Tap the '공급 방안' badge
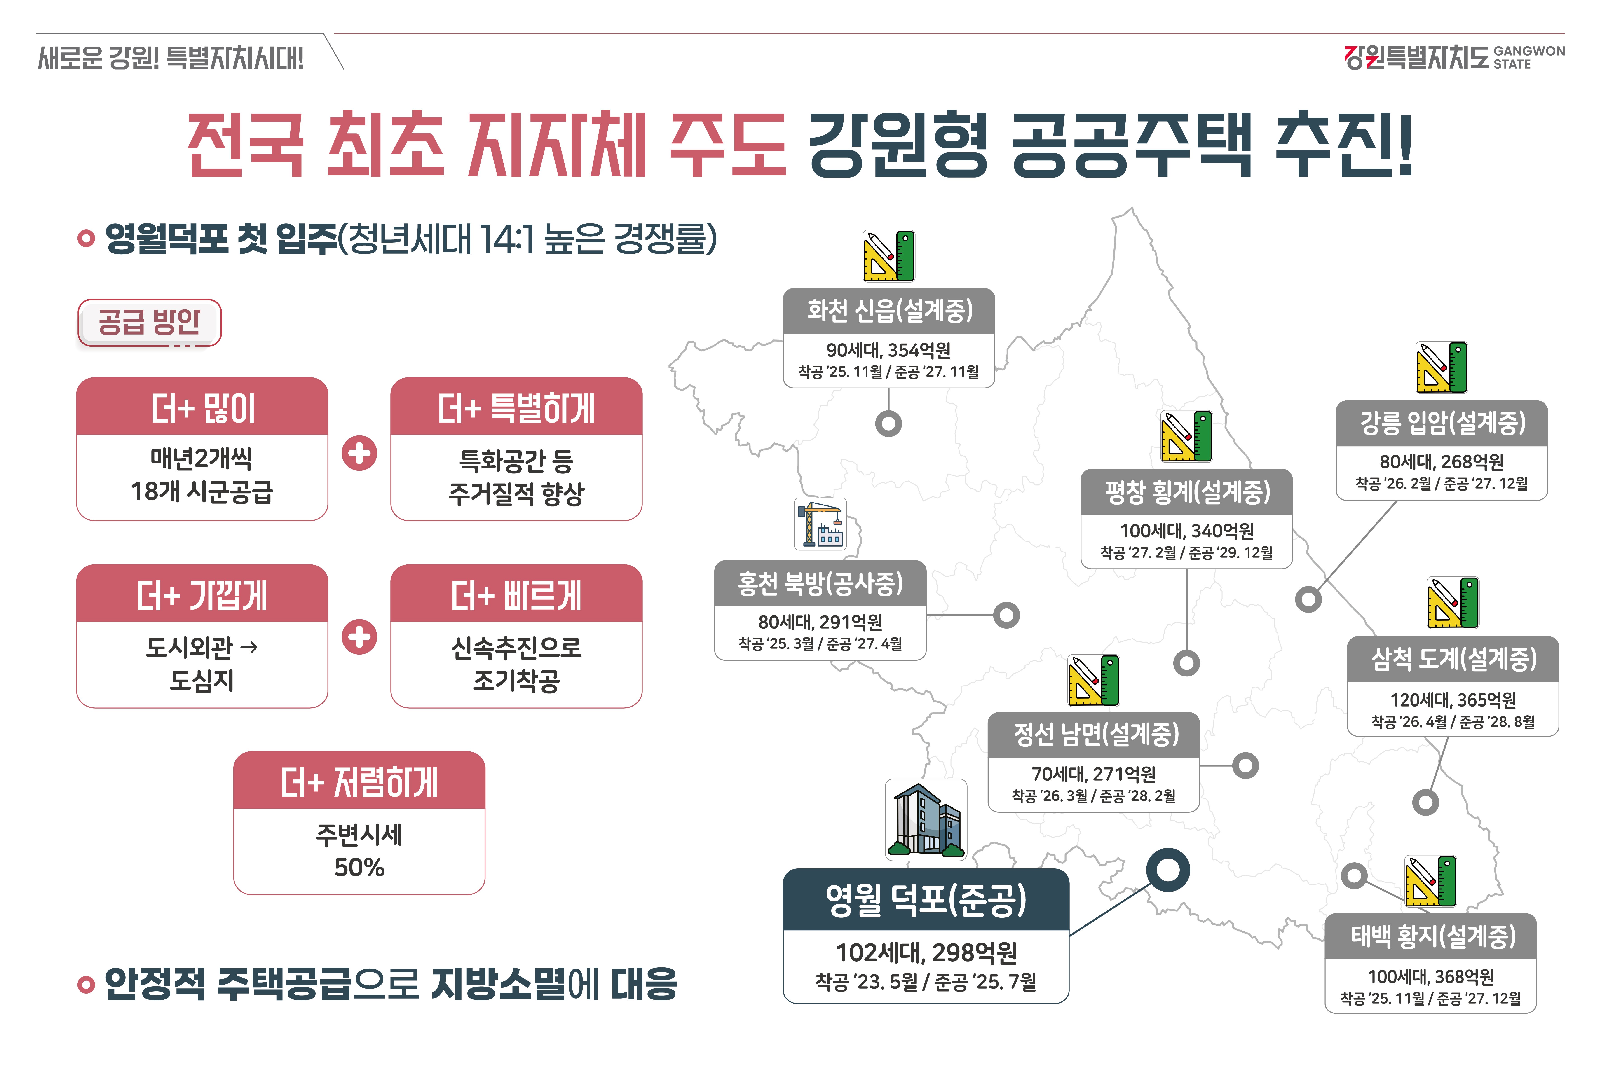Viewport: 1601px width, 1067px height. pyautogui.click(x=149, y=322)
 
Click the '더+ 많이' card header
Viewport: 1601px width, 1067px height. pyautogui.click(x=202, y=408)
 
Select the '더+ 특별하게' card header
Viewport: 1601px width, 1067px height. pyautogui.click(x=516, y=408)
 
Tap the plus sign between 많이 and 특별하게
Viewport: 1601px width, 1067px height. pyautogui.click(x=359, y=453)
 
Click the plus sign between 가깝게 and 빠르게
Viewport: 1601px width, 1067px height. pyautogui.click(x=359, y=637)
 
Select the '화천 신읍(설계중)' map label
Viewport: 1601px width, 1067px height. pyautogui.click(x=889, y=311)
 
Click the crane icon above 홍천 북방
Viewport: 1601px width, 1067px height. pyautogui.click(x=820, y=524)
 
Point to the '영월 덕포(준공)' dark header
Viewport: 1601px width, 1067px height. pyautogui.click(x=925, y=900)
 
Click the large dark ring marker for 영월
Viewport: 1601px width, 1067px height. pyautogui.click(x=1167, y=870)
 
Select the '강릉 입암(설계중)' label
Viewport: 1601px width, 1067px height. pyautogui.click(x=1441, y=423)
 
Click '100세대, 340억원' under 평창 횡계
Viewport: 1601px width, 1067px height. pyautogui.click(x=1186, y=531)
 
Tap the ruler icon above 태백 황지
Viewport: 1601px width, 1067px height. pyautogui.click(x=1430, y=881)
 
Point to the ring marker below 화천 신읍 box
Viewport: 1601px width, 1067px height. pyautogui.click(x=888, y=423)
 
